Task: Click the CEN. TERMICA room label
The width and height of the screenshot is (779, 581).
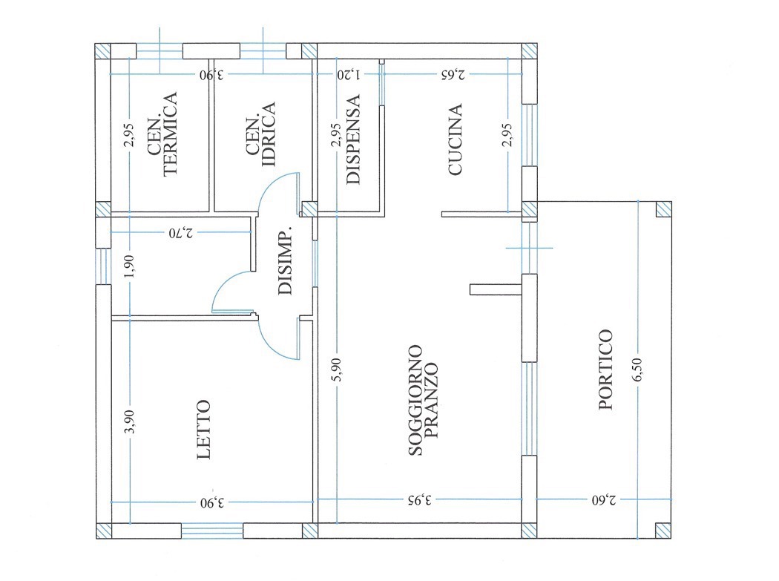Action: point(163,134)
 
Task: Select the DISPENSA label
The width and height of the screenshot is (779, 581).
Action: point(352,139)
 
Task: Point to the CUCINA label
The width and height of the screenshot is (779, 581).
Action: point(455,139)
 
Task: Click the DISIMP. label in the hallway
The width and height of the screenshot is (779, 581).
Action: point(286,263)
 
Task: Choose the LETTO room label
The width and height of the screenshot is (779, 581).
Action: point(204,430)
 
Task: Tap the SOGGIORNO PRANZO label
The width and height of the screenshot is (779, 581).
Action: point(423,401)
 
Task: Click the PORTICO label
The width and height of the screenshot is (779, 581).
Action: point(605,370)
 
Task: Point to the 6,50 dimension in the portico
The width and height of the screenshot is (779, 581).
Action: point(638,370)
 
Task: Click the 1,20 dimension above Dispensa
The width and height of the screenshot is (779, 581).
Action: point(349,75)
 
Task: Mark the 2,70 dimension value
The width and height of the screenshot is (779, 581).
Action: point(181,232)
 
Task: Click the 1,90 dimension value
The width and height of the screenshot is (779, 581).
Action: point(129,267)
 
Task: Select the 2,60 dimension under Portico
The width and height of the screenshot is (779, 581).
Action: point(604,500)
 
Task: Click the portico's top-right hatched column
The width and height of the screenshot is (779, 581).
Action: point(664,209)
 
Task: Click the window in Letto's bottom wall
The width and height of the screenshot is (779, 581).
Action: point(212,531)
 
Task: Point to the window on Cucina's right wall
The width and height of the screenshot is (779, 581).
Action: point(530,135)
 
